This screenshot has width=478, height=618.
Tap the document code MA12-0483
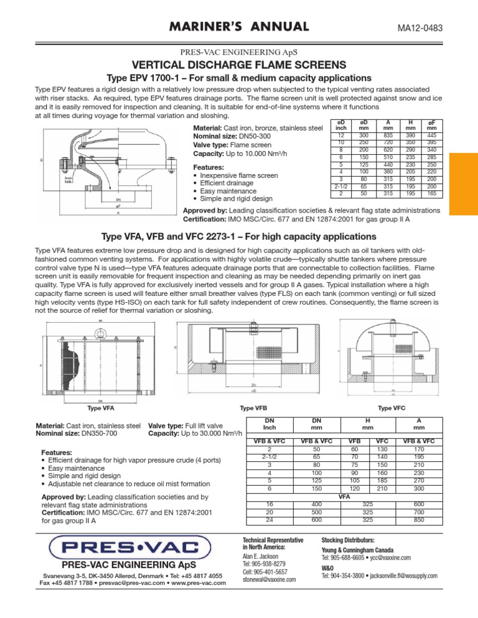tap(424, 27)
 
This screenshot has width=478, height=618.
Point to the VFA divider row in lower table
tap(343, 497)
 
